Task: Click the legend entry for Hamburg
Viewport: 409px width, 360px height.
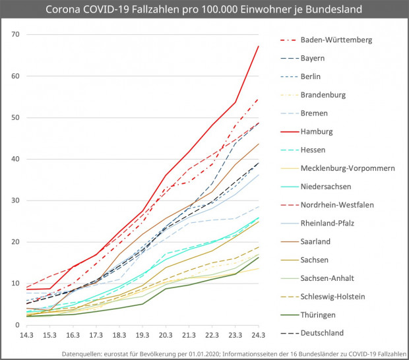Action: click(317, 131)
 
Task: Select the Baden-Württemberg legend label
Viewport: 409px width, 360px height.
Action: click(336, 40)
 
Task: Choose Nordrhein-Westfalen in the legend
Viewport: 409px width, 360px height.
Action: click(337, 204)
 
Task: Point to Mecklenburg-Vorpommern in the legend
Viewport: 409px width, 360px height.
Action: click(348, 168)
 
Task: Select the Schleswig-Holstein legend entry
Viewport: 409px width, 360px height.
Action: click(334, 296)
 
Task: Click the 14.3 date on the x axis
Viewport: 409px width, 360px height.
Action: click(26, 336)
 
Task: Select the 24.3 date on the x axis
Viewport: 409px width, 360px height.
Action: click(258, 336)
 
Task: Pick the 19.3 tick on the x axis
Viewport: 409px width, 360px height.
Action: click(142, 336)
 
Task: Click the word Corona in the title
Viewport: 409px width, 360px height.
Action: click(65, 11)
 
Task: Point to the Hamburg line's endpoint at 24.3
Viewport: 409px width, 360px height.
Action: click(258, 46)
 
